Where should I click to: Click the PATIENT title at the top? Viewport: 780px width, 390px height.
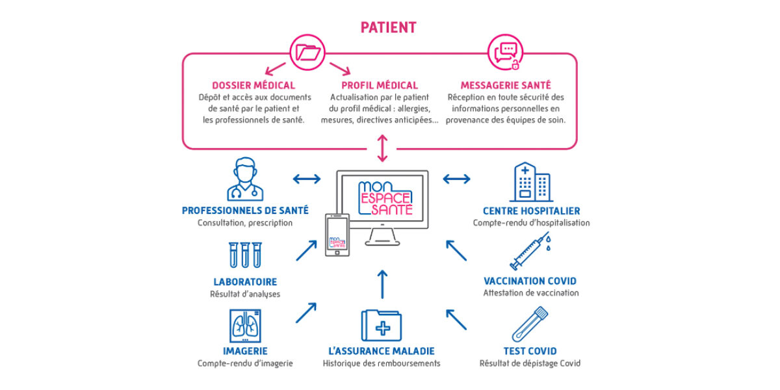(389, 27)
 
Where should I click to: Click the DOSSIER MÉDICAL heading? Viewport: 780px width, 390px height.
(253, 85)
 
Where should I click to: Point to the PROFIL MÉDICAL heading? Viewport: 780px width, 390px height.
(380, 85)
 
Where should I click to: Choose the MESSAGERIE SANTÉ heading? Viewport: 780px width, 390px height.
(506, 85)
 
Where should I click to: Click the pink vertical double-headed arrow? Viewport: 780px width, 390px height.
(382, 148)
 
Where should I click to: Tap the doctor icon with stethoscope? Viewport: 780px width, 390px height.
(246, 180)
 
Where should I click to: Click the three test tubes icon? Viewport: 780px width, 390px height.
(245, 255)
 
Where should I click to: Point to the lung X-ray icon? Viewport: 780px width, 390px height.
(245, 325)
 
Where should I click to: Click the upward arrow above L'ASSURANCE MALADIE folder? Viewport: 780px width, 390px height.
(382, 284)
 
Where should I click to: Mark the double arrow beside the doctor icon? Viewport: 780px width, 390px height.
(306, 179)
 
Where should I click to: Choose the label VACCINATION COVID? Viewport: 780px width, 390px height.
(530, 281)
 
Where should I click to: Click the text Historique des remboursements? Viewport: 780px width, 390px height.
(382, 363)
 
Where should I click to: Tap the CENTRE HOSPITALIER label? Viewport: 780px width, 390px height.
(531, 211)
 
